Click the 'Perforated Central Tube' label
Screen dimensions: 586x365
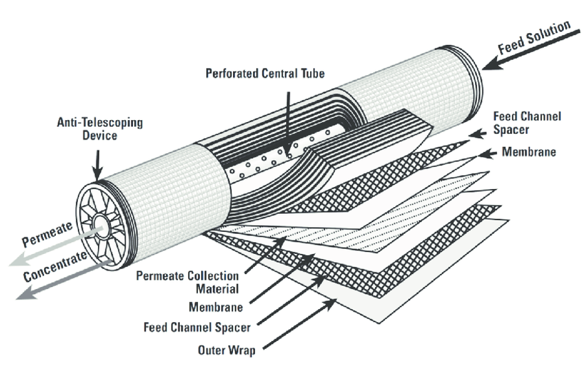point(265,73)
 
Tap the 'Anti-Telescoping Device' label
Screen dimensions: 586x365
point(100,128)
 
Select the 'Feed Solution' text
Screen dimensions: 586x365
point(534,37)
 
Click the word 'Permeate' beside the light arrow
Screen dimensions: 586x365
point(47,234)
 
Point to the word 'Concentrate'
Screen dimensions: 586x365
point(55,266)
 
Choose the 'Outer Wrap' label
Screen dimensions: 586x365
point(227,350)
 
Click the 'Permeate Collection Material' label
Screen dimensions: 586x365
point(188,282)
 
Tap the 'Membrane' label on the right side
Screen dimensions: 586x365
point(529,152)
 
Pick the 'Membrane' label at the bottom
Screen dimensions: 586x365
point(216,307)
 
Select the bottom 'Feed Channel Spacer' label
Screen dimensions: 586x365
point(197,328)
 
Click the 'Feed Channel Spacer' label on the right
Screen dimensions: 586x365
point(527,123)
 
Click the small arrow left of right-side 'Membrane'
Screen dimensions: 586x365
point(487,153)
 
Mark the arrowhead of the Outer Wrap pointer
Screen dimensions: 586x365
point(330,304)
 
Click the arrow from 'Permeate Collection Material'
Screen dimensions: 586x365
point(265,255)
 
